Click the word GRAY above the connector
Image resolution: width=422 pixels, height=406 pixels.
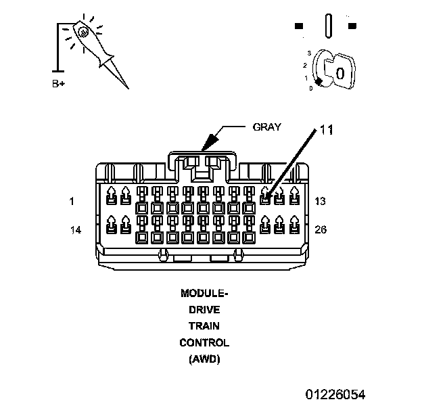pos(266,127)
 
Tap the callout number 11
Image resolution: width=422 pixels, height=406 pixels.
pos(327,130)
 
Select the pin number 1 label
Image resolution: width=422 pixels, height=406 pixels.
pos(71,202)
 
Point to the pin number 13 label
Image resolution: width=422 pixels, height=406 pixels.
pos(321,202)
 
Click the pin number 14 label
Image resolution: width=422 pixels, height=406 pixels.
pos(75,230)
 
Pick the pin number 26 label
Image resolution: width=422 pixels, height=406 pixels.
pos(321,230)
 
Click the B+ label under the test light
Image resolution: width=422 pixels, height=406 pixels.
pos(59,85)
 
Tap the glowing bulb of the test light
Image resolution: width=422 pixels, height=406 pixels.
pos(82,31)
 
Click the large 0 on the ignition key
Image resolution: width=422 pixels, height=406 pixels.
pos(340,72)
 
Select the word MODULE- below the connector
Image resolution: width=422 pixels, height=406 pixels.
pos(204,294)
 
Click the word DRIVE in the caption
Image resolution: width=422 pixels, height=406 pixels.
pos(204,310)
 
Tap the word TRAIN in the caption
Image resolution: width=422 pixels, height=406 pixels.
pos(204,326)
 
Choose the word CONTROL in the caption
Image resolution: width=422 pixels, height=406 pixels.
pos(204,343)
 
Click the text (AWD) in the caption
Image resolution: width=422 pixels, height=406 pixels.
pos(204,359)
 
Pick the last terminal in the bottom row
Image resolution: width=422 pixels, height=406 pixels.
pos(294,224)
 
